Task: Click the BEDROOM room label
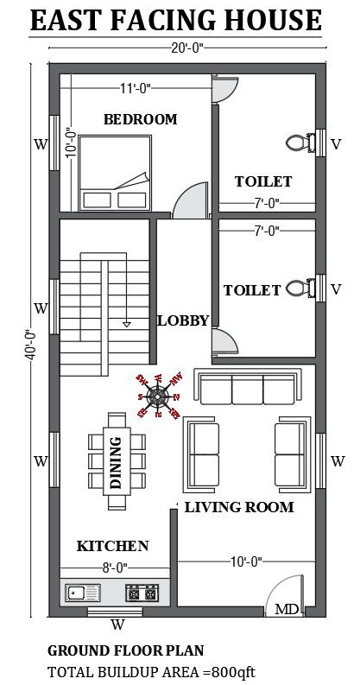click(140, 119)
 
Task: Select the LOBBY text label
click(183, 320)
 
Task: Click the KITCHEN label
click(112, 546)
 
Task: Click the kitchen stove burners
click(143, 593)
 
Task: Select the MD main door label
click(287, 610)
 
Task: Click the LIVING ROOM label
click(239, 507)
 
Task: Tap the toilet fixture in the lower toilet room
click(299, 289)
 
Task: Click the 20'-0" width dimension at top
click(185, 49)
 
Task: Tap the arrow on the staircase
click(127, 321)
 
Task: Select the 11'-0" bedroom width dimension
click(138, 87)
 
